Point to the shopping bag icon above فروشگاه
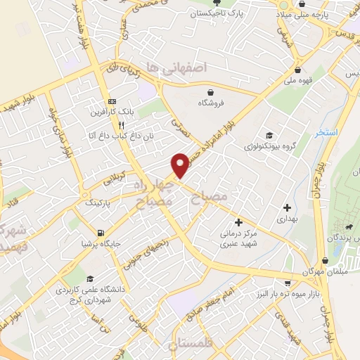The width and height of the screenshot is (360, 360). point(210,91)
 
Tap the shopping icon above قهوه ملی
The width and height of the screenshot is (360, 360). point(300,70)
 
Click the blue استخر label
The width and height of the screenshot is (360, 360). point(328,132)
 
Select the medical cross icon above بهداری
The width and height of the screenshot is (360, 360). point(286,207)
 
